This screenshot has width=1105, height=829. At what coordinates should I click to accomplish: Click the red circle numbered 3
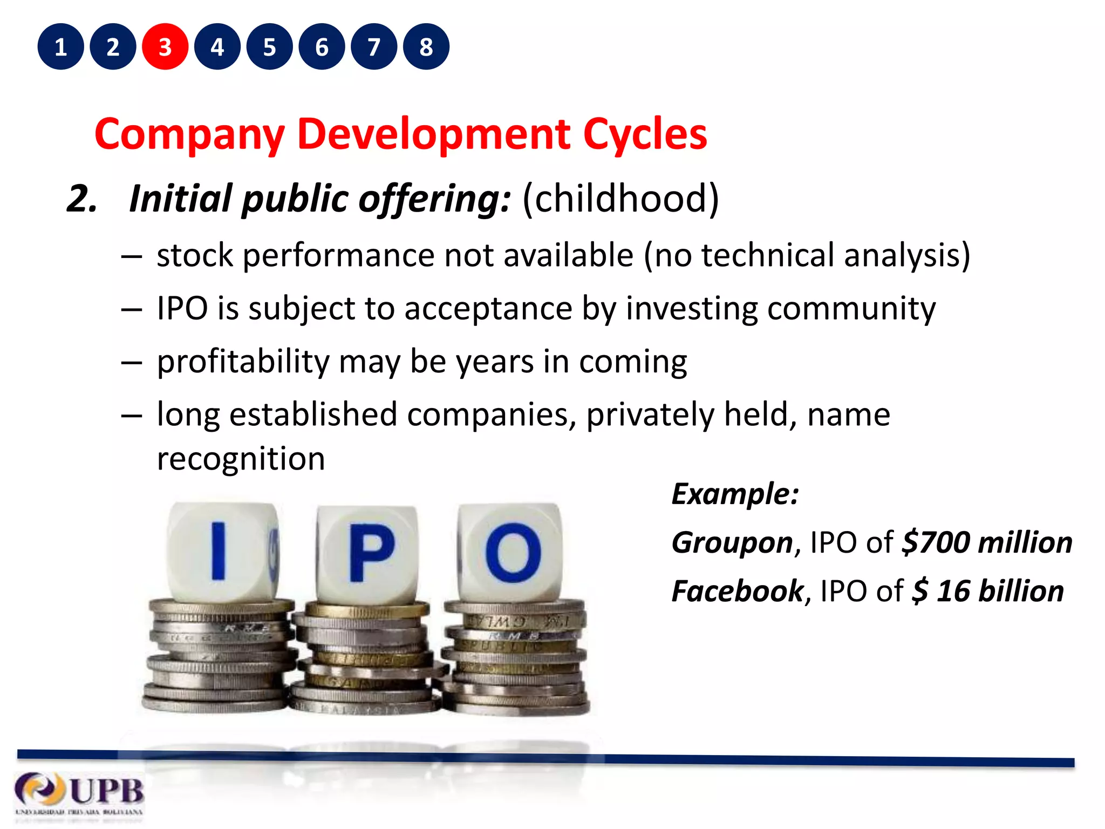(x=165, y=47)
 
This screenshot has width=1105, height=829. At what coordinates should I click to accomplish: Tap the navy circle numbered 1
(x=60, y=47)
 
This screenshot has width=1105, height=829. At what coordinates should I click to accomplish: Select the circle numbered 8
(x=426, y=47)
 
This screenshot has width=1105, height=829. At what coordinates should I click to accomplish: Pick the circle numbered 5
(x=270, y=47)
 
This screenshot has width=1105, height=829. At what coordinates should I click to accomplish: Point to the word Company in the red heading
(x=189, y=134)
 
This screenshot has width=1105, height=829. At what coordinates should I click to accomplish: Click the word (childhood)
(x=620, y=199)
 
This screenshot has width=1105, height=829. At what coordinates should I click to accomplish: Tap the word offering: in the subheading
(x=434, y=199)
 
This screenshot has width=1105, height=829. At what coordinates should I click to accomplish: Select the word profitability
(x=243, y=362)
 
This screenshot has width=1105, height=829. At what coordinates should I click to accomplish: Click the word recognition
(x=241, y=459)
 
